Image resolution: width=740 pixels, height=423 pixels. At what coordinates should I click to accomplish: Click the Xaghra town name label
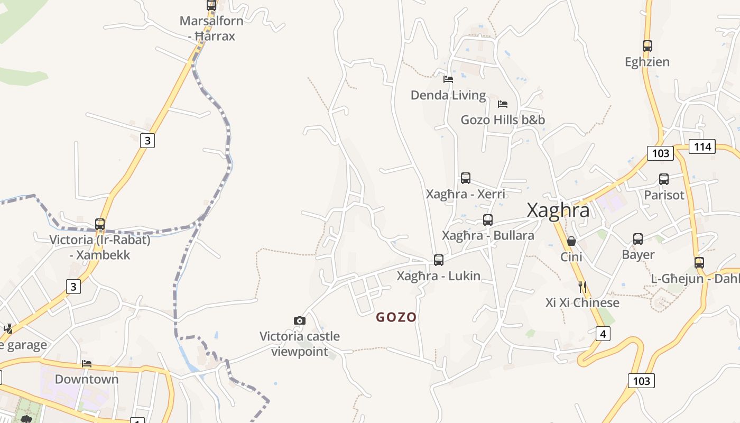point(558,210)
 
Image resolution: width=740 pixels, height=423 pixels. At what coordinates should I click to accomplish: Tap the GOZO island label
point(396,317)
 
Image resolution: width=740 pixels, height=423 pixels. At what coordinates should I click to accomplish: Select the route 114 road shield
point(702,146)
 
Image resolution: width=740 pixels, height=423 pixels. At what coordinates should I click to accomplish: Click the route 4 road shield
point(603,334)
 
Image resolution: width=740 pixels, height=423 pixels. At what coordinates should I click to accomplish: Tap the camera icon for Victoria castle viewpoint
point(300,320)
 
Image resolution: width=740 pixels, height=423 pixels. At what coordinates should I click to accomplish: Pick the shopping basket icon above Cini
point(571,241)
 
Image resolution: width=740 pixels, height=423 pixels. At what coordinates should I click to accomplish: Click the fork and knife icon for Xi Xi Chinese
point(582,287)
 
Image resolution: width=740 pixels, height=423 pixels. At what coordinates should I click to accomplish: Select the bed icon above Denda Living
point(448,79)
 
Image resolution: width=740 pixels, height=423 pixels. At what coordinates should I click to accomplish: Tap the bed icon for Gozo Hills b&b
point(503,104)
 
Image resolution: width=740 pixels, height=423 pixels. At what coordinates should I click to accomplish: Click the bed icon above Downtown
point(87,364)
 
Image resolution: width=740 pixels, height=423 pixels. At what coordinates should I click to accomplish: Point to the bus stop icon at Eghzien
point(647,46)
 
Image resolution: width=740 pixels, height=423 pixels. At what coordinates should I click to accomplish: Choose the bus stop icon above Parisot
point(664,179)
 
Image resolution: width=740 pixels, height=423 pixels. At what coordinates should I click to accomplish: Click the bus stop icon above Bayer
point(638,239)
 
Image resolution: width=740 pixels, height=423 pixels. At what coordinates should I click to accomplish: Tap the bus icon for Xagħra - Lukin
point(439,260)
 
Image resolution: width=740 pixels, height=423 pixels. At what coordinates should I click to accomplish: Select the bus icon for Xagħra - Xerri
point(466,178)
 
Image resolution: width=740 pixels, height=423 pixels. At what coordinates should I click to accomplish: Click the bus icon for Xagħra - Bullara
point(488,220)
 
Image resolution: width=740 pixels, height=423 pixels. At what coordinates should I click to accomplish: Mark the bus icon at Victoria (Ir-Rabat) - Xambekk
point(100,224)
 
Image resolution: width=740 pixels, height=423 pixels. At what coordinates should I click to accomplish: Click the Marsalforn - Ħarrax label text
point(211,29)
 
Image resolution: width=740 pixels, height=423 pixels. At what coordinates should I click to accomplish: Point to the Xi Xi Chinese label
point(582,303)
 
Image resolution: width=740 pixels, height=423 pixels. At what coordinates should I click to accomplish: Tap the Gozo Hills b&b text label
point(503,120)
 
